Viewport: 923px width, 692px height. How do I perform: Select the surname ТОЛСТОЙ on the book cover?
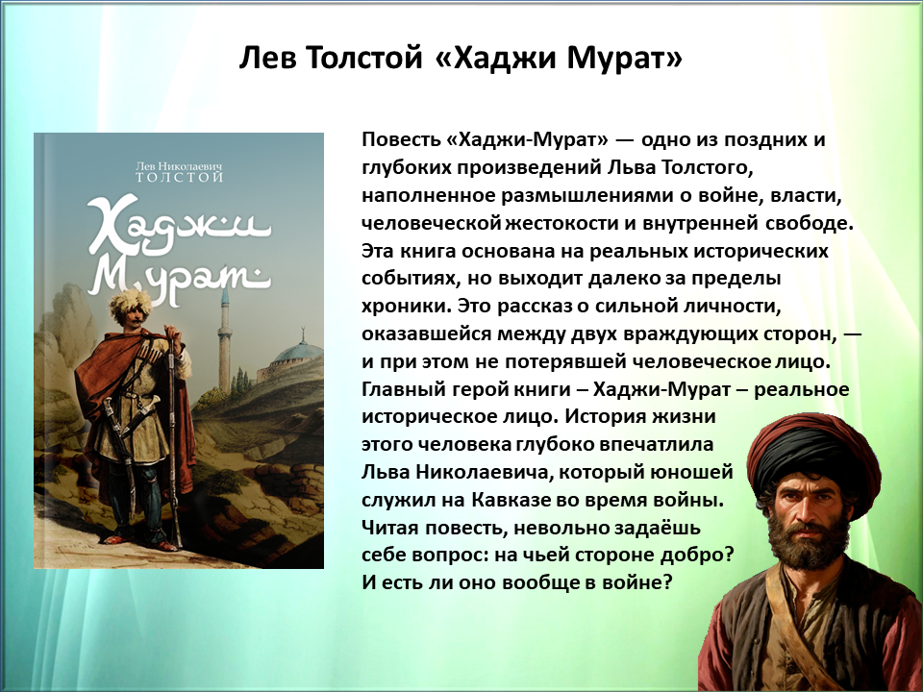tap(180, 177)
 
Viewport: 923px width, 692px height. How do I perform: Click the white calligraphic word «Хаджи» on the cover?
tap(179, 227)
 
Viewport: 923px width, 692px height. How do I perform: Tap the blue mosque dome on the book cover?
tap(298, 352)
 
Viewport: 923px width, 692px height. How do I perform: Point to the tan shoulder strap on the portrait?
tap(795, 630)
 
